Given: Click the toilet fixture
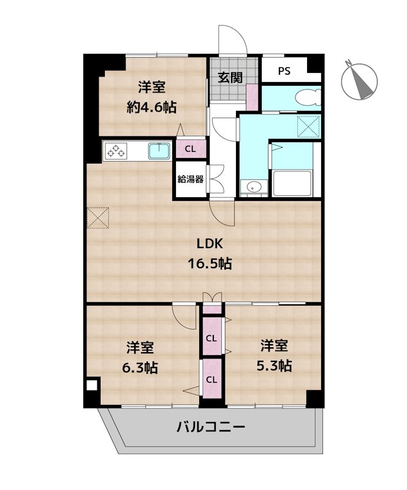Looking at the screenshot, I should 304,97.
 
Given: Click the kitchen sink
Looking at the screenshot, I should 161,149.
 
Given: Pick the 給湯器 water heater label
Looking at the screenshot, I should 191,179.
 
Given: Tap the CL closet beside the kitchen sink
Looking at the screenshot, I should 191,148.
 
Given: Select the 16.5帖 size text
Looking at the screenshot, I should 209,265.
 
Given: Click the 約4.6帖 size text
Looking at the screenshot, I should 151,107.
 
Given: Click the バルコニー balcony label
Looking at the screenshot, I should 211,426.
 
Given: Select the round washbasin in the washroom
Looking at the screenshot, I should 253,187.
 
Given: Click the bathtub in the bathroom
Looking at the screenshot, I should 292,183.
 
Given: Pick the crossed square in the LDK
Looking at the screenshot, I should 97,217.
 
